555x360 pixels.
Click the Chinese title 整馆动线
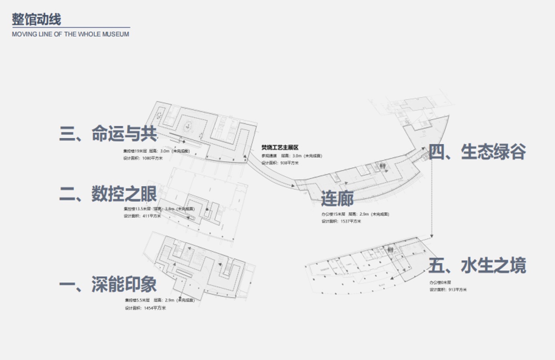36,19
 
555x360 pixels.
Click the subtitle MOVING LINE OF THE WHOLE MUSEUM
71,34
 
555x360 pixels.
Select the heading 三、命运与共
108,133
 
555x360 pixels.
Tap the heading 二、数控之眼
108,194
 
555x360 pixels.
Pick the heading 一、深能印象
108,284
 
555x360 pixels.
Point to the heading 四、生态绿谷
477,152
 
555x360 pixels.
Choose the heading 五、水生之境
477,265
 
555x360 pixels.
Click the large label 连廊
337,198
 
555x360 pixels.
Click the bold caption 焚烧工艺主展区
280,148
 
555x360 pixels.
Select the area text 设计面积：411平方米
142,216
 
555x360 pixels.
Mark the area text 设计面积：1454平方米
145,308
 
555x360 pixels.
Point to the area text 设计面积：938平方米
280,163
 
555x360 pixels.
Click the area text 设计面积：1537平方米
341,221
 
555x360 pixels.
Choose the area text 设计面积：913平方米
448,289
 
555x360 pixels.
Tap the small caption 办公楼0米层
440,283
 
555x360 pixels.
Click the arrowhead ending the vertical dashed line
431,237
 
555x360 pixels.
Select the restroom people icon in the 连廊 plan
383,166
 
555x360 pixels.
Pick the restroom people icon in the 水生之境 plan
390,250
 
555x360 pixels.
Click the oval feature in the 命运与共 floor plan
188,127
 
